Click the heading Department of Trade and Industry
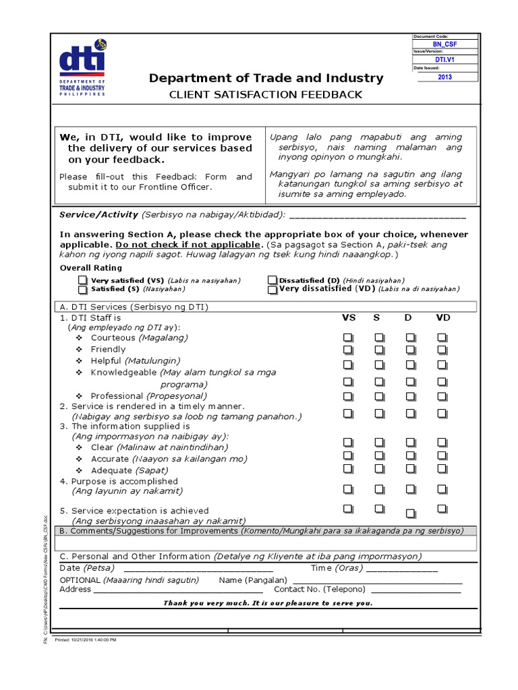(266, 78)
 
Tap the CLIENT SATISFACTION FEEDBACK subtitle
(266, 95)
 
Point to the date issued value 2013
(444, 77)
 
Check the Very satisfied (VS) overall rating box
(82, 280)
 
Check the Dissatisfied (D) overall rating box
(272, 280)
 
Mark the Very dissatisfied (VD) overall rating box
(272, 290)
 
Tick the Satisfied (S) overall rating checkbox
(82, 290)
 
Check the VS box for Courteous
(348, 337)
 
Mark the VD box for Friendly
(442, 350)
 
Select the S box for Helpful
(379, 365)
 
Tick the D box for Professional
(410, 396)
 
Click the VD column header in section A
(442, 317)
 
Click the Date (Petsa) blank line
(189, 569)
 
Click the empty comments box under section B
(266, 543)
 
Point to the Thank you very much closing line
(267, 603)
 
